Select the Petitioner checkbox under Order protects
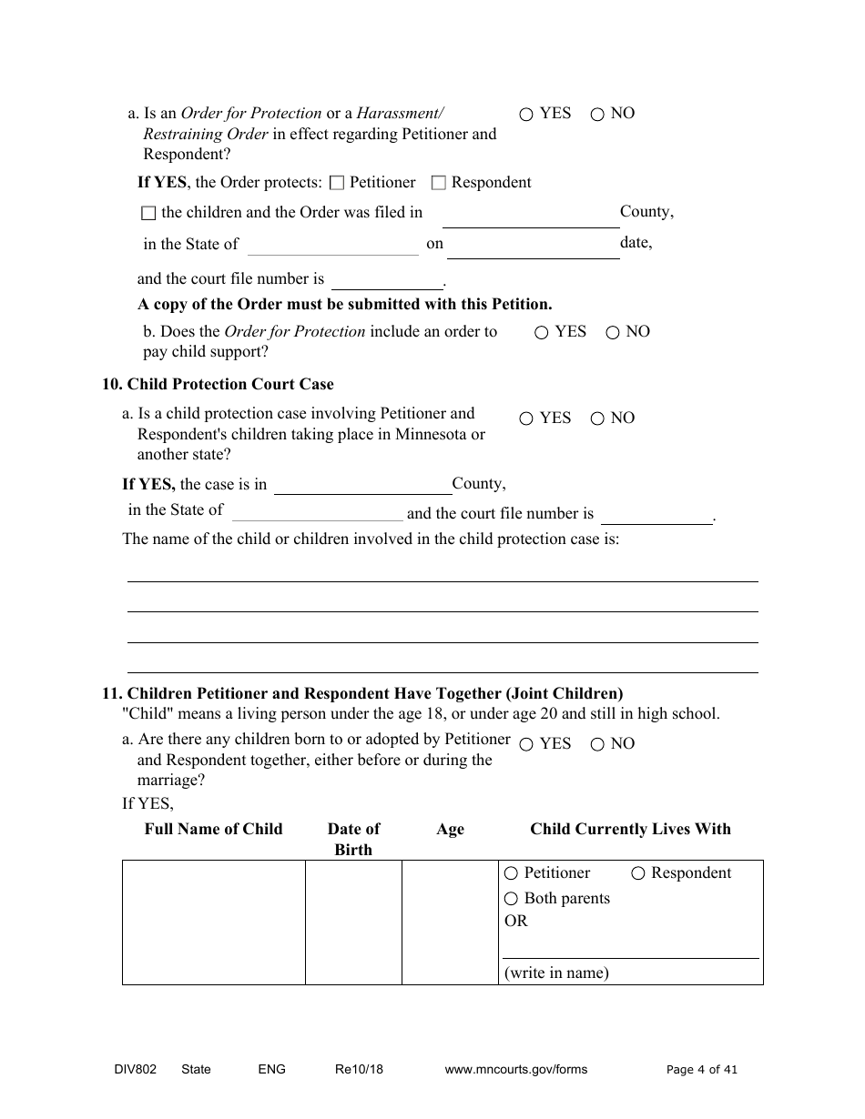[x=337, y=183]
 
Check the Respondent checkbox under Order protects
[x=438, y=183]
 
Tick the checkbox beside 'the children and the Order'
[x=148, y=213]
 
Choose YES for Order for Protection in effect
[x=526, y=115]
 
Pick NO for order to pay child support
[x=613, y=333]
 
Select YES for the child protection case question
[x=526, y=419]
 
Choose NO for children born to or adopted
[x=597, y=745]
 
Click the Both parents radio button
[x=511, y=900]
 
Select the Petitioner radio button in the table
[x=511, y=874]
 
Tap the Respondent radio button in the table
[x=638, y=874]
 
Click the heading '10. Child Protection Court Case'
[x=218, y=384]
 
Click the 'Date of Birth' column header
[x=353, y=839]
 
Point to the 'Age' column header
[x=450, y=829]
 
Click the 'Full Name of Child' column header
[x=214, y=829]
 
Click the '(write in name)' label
[x=556, y=973]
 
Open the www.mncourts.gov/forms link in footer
[x=515, y=1070]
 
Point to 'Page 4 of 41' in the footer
[x=702, y=1070]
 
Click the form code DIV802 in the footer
[x=129, y=1070]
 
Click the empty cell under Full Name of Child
[x=214, y=922]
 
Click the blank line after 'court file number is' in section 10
[x=656, y=516]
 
